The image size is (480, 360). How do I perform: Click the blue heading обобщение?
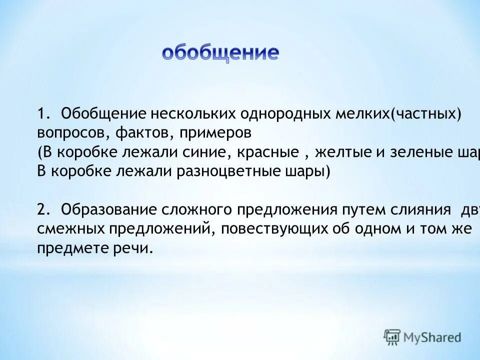click(220, 53)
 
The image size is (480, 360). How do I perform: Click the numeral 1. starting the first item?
click(43, 114)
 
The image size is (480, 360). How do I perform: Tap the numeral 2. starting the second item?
click(43, 209)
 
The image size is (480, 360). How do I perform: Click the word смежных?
click(70, 229)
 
